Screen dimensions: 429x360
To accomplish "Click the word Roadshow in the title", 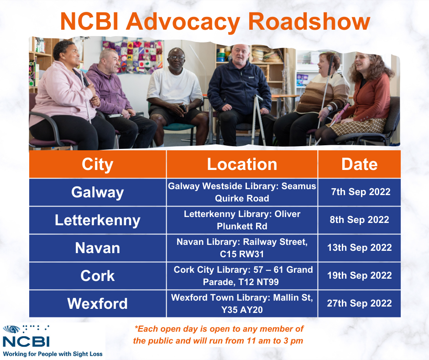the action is [310, 21].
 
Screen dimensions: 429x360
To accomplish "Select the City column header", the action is [97, 164].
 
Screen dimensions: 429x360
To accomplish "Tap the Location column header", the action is [242, 164].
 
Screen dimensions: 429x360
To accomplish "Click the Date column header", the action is [359, 164].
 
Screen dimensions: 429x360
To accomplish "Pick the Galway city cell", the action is [97, 192].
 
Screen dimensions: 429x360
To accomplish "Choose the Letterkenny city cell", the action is [97, 220].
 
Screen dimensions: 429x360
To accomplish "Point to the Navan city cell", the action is [97, 248].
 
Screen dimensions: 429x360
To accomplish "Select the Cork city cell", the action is [97, 276].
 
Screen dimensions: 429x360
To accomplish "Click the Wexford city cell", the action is [97, 304].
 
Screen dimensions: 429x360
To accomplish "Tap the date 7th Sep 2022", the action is [361, 192].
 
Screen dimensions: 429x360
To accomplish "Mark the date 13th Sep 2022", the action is [360, 248].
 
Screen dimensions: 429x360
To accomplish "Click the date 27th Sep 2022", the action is [360, 303].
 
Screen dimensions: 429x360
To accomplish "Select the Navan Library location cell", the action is [242, 248].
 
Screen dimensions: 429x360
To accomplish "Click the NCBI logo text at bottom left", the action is [26, 341].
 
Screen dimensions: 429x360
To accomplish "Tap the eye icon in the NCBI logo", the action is [11, 329].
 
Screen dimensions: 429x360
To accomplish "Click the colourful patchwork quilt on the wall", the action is [133, 57].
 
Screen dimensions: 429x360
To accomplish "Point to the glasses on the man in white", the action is [176, 58].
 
